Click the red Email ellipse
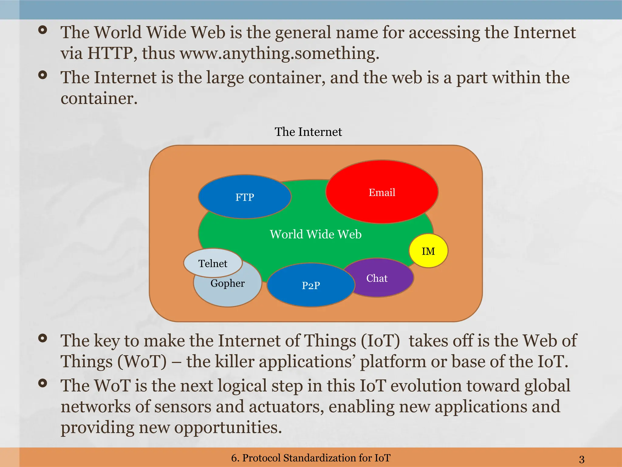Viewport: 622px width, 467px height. (x=382, y=192)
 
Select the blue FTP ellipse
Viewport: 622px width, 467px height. (x=244, y=197)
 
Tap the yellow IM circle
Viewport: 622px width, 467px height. (x=428, y=251)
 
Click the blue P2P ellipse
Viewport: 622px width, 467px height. (x=311, y=285)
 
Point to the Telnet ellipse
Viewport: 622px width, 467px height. (x=213, y=263)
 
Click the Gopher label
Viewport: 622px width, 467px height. (x=227, y=283)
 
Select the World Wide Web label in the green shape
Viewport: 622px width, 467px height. (x=316, y=234)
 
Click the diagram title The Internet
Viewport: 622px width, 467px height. (x=308, y=132)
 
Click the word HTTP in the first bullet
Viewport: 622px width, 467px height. (x=110, y=53)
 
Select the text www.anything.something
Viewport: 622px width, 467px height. (x=279, y=53)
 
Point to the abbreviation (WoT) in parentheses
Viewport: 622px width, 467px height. (x=142, y=361)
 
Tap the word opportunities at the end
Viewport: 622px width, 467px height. (x=228, y=427)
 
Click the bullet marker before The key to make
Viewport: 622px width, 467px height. (x=43, y=338)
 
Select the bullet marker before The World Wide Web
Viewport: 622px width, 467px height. (x=43, y=30)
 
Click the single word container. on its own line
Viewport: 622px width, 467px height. (x=99, y=98)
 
